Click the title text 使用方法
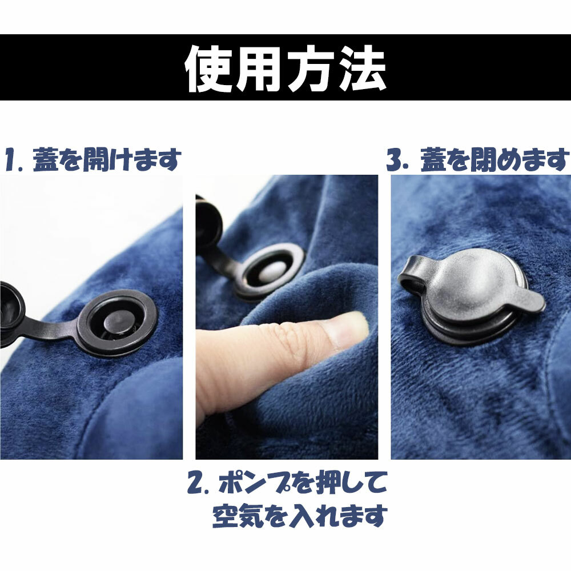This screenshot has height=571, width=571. [x=285, y=68]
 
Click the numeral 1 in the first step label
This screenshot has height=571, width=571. [x=13, y=160]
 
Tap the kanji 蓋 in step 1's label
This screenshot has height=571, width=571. [x=46, y=159]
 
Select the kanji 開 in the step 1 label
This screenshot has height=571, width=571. [x=96, y=159]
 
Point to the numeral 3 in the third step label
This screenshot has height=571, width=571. [x=395, y=160]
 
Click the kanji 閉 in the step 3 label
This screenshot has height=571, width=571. [x=484, y=159]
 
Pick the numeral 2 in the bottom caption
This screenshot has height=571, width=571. [x=196, y=483]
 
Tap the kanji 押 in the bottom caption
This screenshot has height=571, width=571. [x=329, y=482]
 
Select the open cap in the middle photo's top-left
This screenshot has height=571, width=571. [x=208, y=219]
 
